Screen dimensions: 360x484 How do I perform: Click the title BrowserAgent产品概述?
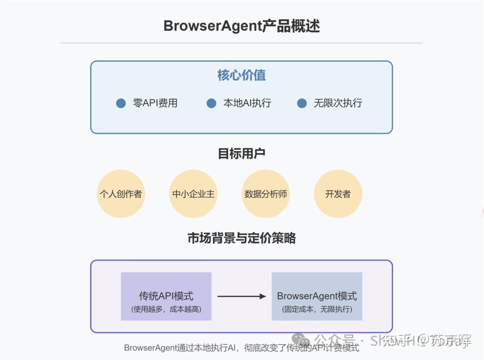(x=242, y=26)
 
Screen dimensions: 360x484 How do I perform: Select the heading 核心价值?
(x=242, y=75)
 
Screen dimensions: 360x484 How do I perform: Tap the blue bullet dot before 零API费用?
(x=121, y=103)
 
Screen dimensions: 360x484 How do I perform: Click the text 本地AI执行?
(x=247, y=103)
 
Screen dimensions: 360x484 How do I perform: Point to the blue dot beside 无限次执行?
(x=302, y=103)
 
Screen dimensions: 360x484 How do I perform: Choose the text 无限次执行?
(x=338, y=103)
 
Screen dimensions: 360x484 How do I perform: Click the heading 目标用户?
(x=242, y=154)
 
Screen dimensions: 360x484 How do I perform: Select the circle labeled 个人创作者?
(x=121, y=194)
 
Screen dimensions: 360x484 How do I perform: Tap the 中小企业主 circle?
(x=193, y=194)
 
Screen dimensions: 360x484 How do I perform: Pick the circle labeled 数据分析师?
(x=266, y=194)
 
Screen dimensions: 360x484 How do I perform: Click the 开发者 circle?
(x=338, y=194)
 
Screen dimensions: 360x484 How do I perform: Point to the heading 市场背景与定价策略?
(x=242, y=238)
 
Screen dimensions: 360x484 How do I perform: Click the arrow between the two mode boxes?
(x=242, y=296)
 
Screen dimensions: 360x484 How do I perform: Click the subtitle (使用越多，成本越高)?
(x=166, y=309)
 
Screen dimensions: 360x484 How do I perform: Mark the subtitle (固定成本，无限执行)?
(x=317, y=309)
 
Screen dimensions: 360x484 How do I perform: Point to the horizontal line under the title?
(x=242, y=43)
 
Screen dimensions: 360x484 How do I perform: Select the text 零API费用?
(x=156, y=103)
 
